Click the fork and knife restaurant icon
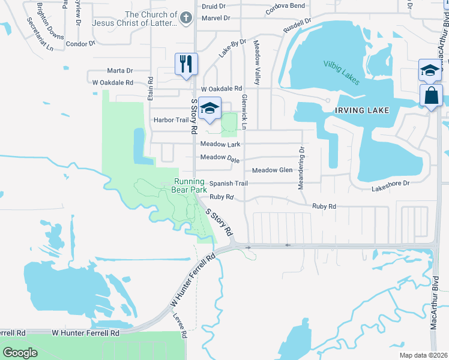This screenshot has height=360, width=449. pos(186,64)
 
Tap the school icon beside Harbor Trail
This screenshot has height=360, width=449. pos(209,108)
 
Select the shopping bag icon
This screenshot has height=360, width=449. pos(432,95)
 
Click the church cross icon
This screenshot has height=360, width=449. pos(186,18)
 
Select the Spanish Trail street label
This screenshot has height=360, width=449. pos(228,184)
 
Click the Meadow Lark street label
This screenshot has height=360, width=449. pos(220,145)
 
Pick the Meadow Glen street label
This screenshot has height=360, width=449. pos(272,170)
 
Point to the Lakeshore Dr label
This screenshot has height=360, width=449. pos(390,185)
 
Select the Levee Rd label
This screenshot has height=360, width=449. pos(181,326)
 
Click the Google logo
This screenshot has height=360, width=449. pos(20,353)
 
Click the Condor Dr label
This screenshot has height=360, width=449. pos(80,44)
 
